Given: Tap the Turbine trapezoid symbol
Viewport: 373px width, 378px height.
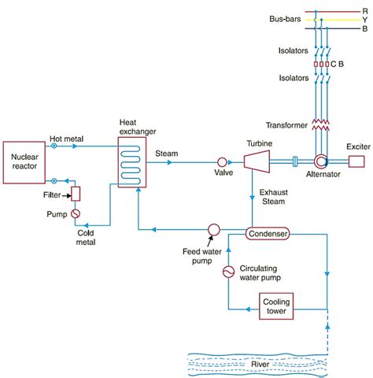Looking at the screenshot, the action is click(257, 161).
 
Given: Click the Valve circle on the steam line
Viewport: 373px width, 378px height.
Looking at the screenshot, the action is click(222, 162).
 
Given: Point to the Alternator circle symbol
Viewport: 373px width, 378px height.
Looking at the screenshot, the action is click(320, 161).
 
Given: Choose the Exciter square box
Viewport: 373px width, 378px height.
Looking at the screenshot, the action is click(356, 161).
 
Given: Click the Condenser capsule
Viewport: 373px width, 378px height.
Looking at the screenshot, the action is click(268, 233).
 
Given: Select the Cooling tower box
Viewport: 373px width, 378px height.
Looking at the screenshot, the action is click(276, 306).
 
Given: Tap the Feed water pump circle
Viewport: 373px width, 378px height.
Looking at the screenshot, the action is click(214, 230).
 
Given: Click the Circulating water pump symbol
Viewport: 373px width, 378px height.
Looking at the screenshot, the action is click(228, 272).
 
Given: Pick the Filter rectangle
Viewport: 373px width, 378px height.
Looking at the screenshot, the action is click(76, 194).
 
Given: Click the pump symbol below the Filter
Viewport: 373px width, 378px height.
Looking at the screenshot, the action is click(76, 213).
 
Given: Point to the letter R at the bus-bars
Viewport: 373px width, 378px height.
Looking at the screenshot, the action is click(365, 11).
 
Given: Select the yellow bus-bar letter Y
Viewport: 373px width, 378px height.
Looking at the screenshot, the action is click(365, 20).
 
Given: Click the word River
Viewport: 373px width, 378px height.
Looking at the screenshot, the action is click(260, 365).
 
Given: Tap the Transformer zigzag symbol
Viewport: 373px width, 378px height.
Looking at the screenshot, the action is click(320, 124).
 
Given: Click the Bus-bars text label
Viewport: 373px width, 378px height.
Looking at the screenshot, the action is click(285, 19).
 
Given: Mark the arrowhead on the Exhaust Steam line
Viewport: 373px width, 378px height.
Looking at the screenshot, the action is click(252, 197).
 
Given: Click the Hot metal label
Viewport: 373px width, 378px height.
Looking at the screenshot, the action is click(67, 139).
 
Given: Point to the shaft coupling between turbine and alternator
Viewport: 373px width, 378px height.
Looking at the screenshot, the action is click(295, 161).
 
